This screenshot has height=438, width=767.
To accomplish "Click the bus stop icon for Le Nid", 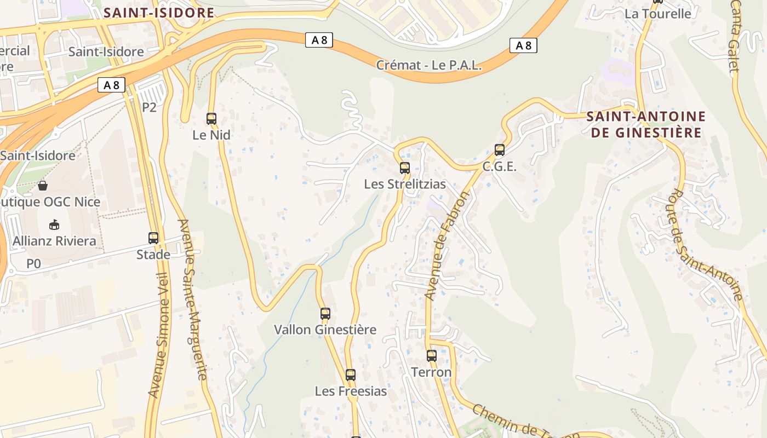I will click(211, 118).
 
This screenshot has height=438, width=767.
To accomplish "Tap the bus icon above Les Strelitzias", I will click(405, 168).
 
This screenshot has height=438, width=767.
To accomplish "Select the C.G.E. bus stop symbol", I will click(500, 150).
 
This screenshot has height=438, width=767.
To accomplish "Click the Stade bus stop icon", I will click(153, 238).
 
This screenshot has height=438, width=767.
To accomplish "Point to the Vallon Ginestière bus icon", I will click(325, 314).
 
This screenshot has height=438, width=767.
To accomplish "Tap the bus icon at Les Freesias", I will click(351, 375).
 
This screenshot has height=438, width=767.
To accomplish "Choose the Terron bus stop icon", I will click(432, 356).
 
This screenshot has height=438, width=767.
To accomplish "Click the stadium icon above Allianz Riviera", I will click(54, 224).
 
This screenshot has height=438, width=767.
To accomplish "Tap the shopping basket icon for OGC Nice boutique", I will click(43, 186).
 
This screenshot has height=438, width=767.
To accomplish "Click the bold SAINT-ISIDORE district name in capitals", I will click(158, 13).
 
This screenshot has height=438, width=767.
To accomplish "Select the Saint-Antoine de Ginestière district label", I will click(646, 124).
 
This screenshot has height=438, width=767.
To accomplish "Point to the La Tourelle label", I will click(657, 14).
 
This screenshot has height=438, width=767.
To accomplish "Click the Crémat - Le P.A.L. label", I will click(429, 65).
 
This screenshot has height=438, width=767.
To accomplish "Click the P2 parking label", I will click(149, 107).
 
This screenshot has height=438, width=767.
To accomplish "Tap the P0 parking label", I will click(33, 264).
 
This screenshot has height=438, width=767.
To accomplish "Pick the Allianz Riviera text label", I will click(54, 241).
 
